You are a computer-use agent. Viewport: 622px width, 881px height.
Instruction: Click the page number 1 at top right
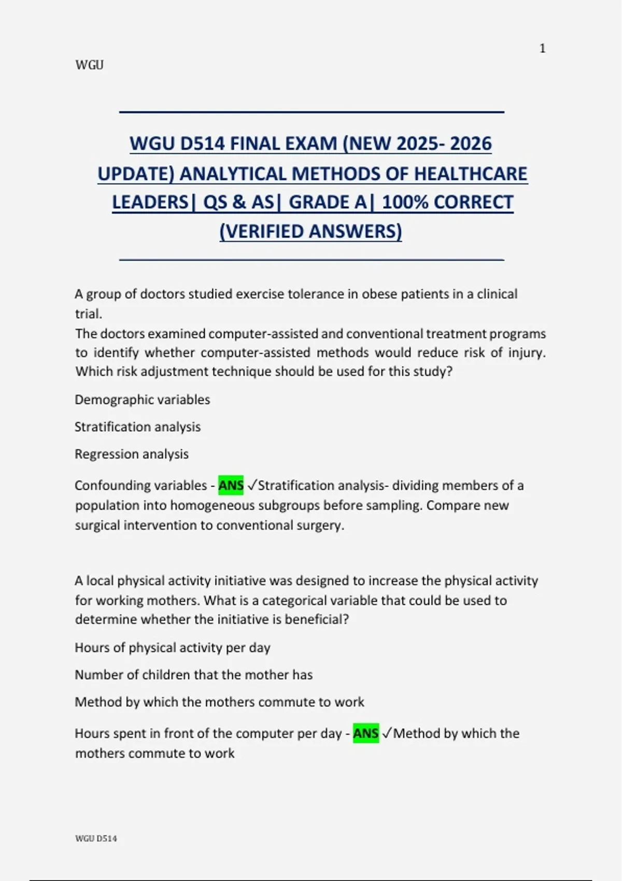(x=542, y=49)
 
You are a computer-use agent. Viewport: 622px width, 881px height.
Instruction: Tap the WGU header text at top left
(x=89, y=65)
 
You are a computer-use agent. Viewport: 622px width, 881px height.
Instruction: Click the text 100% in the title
(x=405, y=202)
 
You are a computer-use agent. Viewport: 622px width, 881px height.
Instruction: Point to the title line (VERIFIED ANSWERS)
(x=310, y=231)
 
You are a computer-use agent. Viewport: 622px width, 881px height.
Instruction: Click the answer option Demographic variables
(x=142, y=400)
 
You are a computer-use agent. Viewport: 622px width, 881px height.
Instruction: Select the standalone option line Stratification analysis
(x=137, y=427)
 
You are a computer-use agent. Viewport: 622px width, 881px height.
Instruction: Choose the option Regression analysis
(x=132, y=454)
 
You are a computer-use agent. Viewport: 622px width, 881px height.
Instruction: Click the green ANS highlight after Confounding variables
(x=231, y=486)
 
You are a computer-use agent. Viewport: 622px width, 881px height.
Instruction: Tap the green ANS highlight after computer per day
(x=365, y=733)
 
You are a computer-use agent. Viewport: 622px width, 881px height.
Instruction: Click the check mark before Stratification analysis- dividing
(x=252, y=486)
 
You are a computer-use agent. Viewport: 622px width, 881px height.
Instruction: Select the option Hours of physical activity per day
(x=173, y=648)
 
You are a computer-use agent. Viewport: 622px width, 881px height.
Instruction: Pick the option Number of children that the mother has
(x=193, y=675)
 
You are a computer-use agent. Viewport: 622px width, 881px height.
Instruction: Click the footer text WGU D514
(x=96, y=839)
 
